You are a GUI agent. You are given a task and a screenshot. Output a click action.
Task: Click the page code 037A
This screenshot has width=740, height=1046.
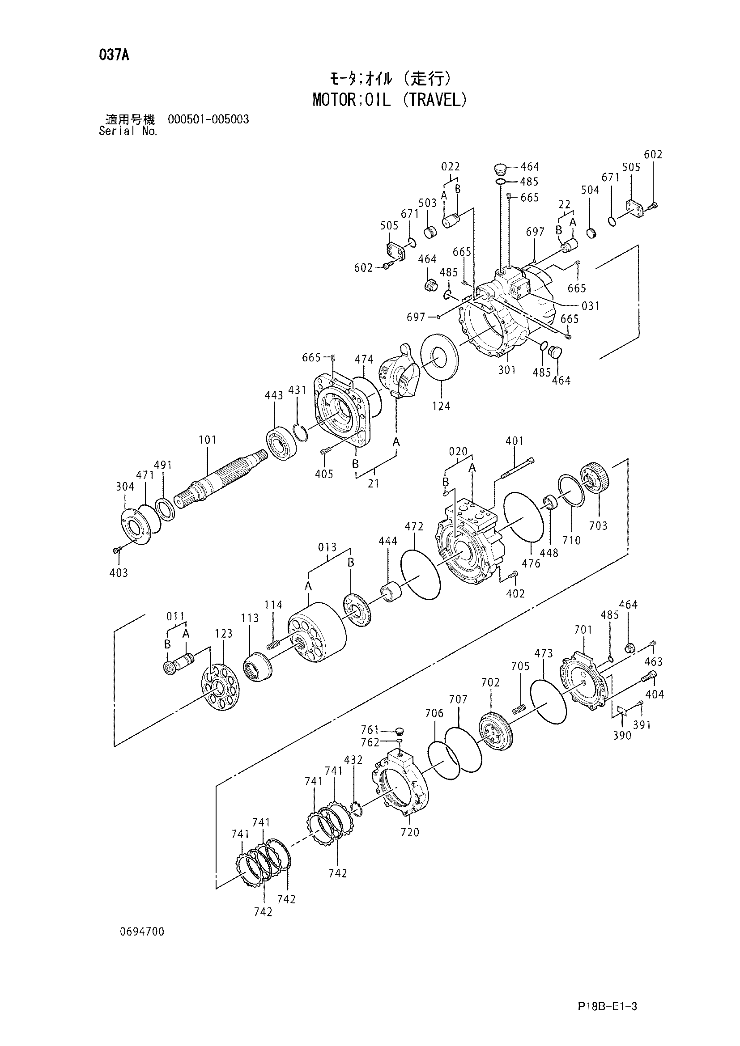click(114, 55)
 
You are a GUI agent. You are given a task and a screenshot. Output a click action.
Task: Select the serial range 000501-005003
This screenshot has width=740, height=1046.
click(208, 119)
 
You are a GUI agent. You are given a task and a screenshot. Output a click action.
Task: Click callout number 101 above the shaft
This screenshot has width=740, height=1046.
click(207, 440)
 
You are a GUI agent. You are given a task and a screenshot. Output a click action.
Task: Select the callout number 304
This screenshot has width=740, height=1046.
click(125, 487)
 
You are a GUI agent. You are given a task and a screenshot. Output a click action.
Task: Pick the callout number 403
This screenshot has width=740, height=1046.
click(119, 573)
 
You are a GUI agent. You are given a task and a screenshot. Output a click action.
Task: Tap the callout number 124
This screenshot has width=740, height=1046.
click(441, 406)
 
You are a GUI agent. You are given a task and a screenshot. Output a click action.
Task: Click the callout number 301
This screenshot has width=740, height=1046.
click(507, 370)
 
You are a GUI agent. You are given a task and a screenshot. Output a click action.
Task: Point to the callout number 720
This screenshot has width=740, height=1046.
click(410, 832)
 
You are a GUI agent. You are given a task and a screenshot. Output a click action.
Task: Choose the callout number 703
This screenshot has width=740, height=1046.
click(598, 526)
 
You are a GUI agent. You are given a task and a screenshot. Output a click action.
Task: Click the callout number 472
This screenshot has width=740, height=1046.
click(414, 527)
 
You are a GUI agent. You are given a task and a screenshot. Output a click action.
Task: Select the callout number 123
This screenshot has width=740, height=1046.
click(223, 634)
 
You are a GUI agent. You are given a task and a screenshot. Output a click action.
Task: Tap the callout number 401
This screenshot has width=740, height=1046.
click(515, 441)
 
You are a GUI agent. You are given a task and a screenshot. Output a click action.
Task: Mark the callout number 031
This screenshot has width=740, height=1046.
click(591, 306)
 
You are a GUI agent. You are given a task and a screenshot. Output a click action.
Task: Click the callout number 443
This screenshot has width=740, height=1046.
click(274, 395)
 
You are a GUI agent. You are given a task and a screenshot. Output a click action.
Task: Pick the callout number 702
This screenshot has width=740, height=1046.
click(490, 682)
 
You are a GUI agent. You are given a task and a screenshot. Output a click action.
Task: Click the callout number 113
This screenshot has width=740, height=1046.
click(250, 618)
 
